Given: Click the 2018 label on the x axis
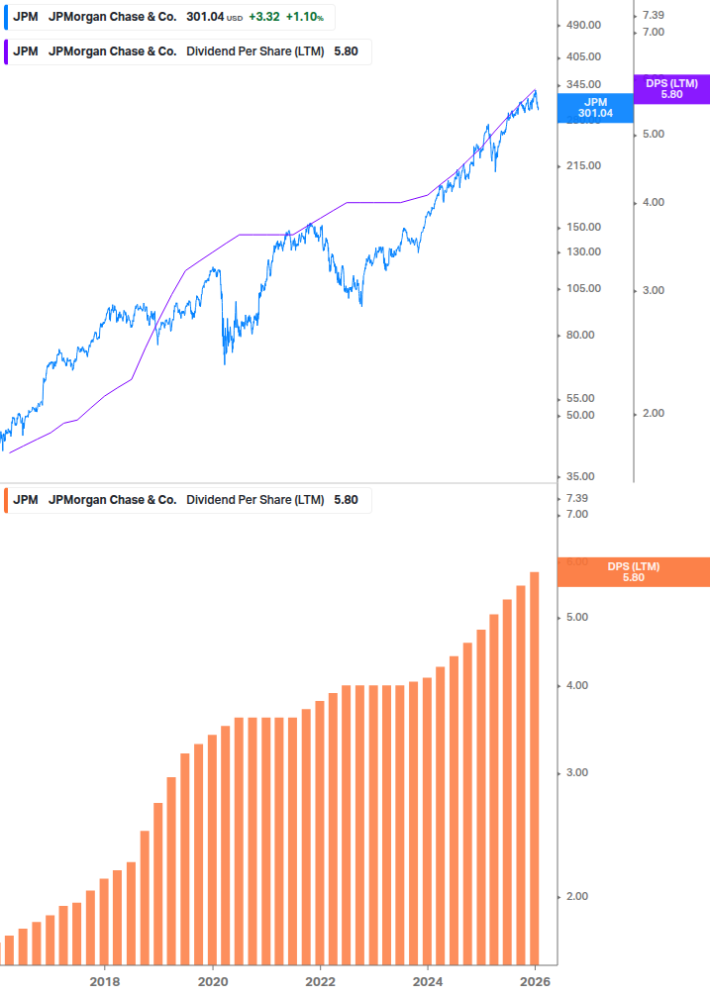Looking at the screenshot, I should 105,981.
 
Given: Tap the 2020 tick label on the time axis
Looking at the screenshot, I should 213,981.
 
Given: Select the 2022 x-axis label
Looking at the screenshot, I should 320,981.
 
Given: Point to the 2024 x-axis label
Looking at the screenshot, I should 428,981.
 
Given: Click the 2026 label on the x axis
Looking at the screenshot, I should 535,981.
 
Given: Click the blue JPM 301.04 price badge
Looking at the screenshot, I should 595,107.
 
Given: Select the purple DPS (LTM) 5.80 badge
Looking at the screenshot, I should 671,89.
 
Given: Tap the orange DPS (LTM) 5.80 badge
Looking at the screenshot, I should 634,571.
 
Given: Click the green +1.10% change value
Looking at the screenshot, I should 306,17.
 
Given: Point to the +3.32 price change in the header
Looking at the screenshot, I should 262,17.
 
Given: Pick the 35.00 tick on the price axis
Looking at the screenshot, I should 583,476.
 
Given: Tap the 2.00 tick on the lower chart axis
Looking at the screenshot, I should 576,896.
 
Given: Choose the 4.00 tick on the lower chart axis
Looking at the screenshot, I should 576,685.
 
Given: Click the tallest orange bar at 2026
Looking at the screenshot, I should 535,767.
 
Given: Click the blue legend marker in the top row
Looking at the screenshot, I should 4,17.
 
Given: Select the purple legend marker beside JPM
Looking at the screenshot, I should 4,51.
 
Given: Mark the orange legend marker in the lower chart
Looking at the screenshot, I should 4,500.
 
